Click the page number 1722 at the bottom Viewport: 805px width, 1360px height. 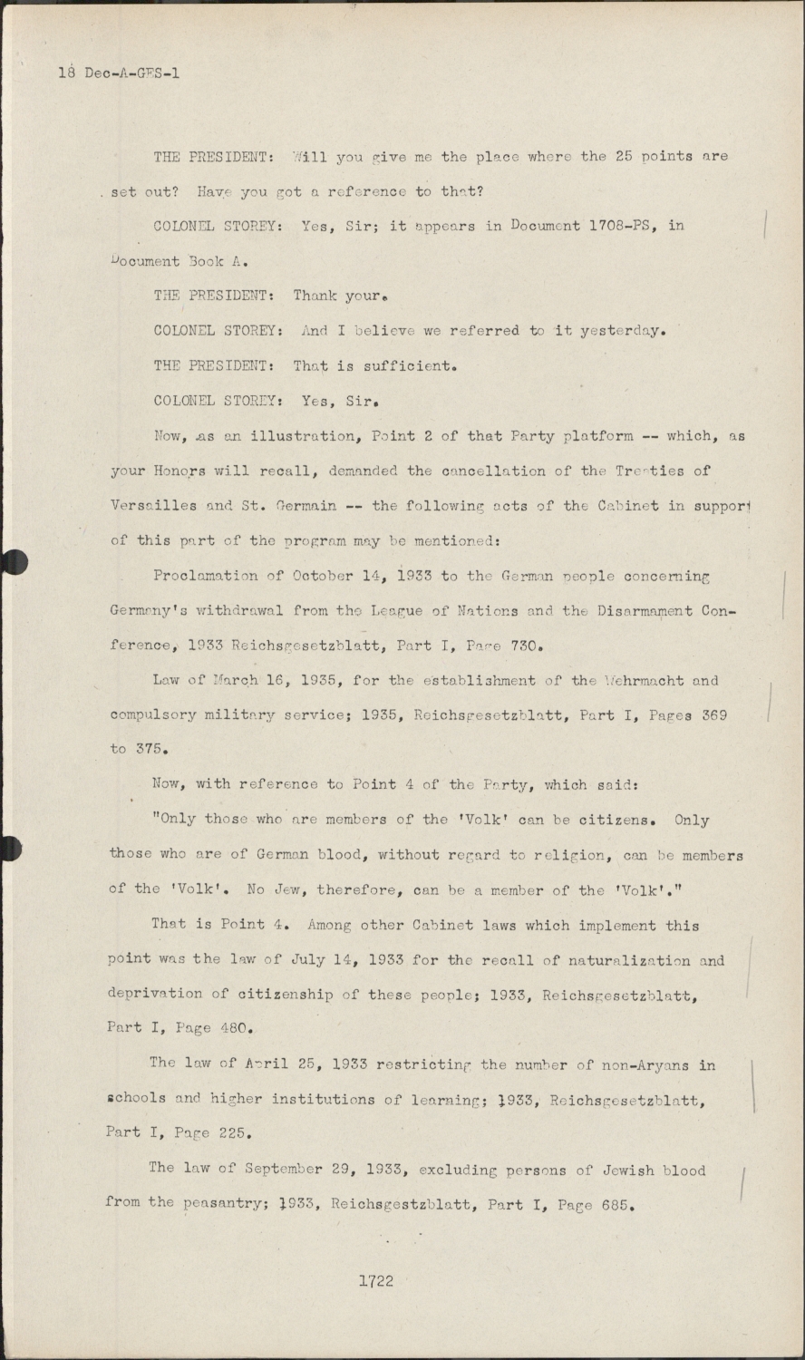[x=375, y=1281]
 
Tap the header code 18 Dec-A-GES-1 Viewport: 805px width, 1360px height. [x=119, y=73]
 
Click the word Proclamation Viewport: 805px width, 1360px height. [x=205, y=576]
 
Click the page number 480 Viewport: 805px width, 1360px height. [x=231, y=1029]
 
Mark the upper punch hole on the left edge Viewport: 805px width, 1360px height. [x=11, y=562]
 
